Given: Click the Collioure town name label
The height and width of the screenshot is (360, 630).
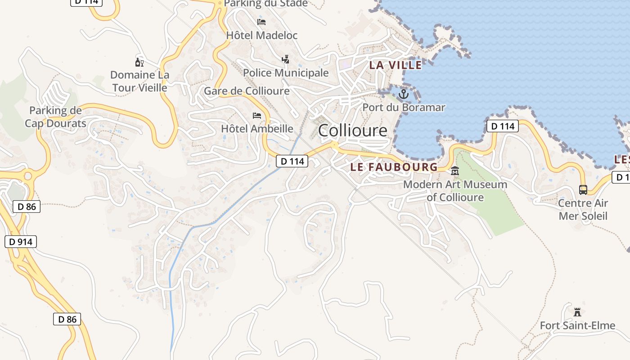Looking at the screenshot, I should [352, 130].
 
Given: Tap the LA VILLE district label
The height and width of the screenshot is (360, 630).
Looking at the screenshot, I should [396, 65].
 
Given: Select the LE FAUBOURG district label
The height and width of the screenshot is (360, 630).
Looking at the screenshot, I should [394, 167].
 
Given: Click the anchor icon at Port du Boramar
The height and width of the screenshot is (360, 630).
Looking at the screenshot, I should [404, 94].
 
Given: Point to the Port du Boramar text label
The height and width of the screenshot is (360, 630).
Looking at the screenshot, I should [404, 108].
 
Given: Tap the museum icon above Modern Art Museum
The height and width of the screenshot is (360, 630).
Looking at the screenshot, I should [455, 171].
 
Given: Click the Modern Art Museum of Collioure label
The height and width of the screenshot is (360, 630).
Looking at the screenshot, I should [455, 191].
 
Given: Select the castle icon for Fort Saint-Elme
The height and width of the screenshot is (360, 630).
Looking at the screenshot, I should [577, 311].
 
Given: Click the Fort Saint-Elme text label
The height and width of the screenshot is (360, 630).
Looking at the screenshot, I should [577, 325].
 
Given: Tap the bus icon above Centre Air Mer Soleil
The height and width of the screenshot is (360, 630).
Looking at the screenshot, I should [583, 190].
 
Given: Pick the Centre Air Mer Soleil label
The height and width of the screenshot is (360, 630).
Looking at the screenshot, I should [583, 209].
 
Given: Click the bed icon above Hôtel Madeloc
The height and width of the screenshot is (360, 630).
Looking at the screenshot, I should [261, 22].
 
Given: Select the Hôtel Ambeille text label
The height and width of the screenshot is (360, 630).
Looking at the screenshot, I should [257, 129].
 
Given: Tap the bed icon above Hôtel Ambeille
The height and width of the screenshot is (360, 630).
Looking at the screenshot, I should [257, 116].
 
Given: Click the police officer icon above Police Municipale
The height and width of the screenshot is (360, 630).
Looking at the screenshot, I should [285, 59].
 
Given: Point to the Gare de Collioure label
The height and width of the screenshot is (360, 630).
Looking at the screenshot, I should [247, 91].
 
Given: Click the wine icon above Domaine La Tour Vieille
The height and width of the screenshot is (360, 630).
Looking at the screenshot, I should [139, 62].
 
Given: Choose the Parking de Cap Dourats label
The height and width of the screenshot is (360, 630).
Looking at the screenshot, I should [55, 117].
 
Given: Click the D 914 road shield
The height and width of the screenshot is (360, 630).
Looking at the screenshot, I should [21, 242].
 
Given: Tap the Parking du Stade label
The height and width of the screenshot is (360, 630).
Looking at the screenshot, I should [265, 4].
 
